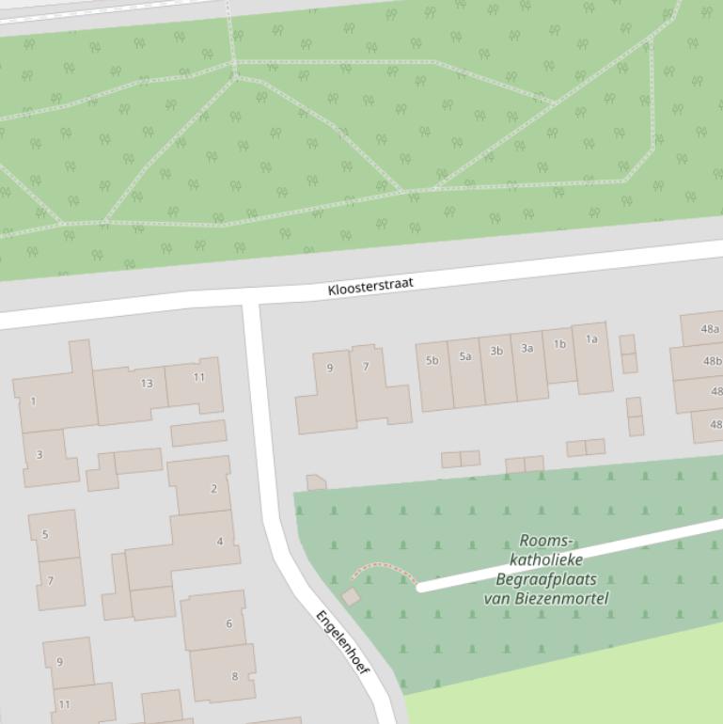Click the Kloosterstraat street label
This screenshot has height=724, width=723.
click(x=370, y=286)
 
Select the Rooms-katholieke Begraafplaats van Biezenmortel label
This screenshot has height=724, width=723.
click(x=546, y=570)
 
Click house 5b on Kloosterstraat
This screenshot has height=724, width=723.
click(x=433, y=375)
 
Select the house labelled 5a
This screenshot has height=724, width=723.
click(x=465, y=371)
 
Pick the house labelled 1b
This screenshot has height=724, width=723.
click(x=559, y=355)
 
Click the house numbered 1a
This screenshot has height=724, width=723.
click(x=592, y=355)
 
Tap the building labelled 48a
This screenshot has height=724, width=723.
click(x=704, y=329)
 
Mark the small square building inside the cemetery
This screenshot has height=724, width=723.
click(x=351, y=596)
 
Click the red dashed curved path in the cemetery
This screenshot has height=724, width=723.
click(x=384, y=568)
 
